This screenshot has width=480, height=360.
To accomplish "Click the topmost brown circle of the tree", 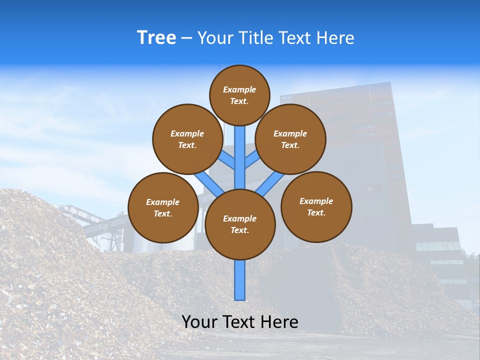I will [x=239, y=95].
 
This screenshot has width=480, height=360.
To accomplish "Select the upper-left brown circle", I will [x=187, y=139].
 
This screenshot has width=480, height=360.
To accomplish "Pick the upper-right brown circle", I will [x=290, y=139].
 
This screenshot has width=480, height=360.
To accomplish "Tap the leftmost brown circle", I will [x=162, y=207].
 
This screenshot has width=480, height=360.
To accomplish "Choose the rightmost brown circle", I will [x=316, y=206].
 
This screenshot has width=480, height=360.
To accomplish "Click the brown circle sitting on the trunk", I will [x=239, y=224].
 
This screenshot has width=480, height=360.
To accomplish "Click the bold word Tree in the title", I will [x=156, y=37].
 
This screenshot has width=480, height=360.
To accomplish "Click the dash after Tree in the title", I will [x=186, y=38].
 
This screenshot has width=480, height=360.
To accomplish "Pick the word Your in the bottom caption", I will [x=199, y=322].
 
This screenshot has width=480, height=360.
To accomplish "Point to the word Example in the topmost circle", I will [x=239, y=89].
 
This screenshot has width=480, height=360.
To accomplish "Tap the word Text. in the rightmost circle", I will [x=316, y=212].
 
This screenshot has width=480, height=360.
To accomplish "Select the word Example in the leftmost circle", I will [x=162, y=202].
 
